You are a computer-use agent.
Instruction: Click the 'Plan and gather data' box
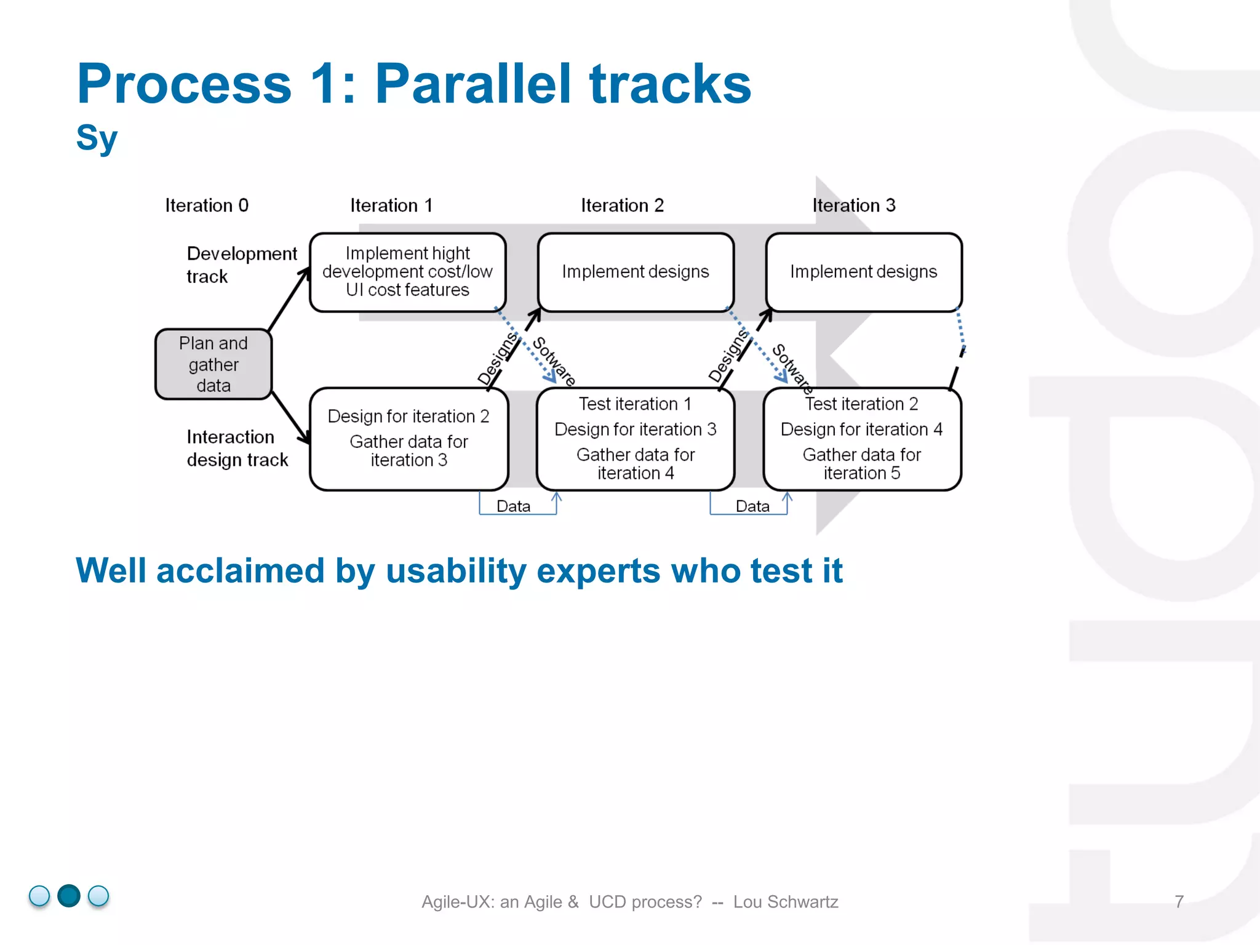pos(213,364)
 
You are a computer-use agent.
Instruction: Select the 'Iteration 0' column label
pos(207,205)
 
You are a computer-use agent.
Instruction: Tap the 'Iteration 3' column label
pos(853,205)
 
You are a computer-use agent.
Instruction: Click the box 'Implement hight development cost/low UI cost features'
pos(407,272)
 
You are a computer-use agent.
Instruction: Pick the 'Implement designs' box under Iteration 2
pos(635,272)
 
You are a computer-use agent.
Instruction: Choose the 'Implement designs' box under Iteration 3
pos(863,272)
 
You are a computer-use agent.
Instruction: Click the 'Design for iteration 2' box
pos(409,438)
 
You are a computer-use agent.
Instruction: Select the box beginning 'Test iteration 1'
pos(635,438)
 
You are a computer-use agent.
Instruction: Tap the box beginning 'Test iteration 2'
pos(861,438)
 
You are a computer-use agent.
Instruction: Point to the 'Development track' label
pos(241,265)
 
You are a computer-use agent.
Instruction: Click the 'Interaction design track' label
pos(237,448)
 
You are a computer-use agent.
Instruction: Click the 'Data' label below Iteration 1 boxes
pos(513,506)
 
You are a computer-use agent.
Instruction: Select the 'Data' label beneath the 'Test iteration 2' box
pos(752,506)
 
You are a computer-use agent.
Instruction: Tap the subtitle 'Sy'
pos(97,138)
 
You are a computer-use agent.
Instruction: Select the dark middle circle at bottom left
pos(69,896)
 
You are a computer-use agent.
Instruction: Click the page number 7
pos(1179,901)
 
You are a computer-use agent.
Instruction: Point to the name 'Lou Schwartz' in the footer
pos(786,902)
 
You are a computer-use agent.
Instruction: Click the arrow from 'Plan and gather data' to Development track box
pos(288,300)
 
